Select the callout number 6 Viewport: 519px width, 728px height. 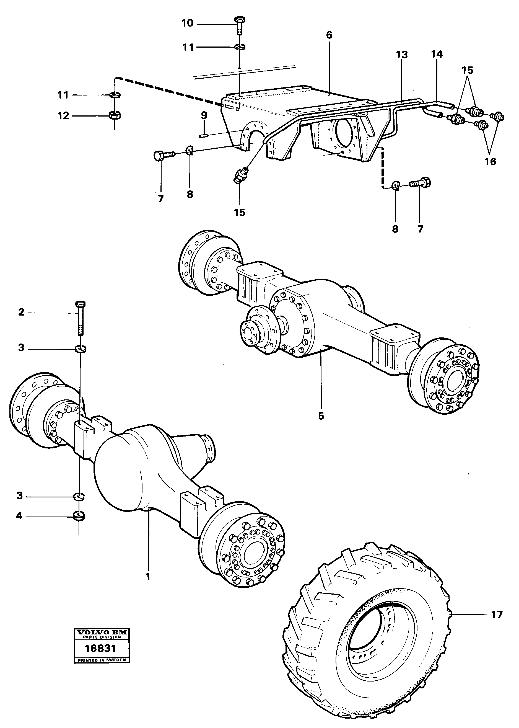click(x=329, y=35)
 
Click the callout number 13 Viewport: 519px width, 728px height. click(x=402, y=55)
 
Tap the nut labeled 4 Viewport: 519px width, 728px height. click(x=79, y=515)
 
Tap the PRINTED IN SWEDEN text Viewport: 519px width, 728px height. click(x=102, y=660)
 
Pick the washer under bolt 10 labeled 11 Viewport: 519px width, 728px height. click(x=239, y=47)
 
